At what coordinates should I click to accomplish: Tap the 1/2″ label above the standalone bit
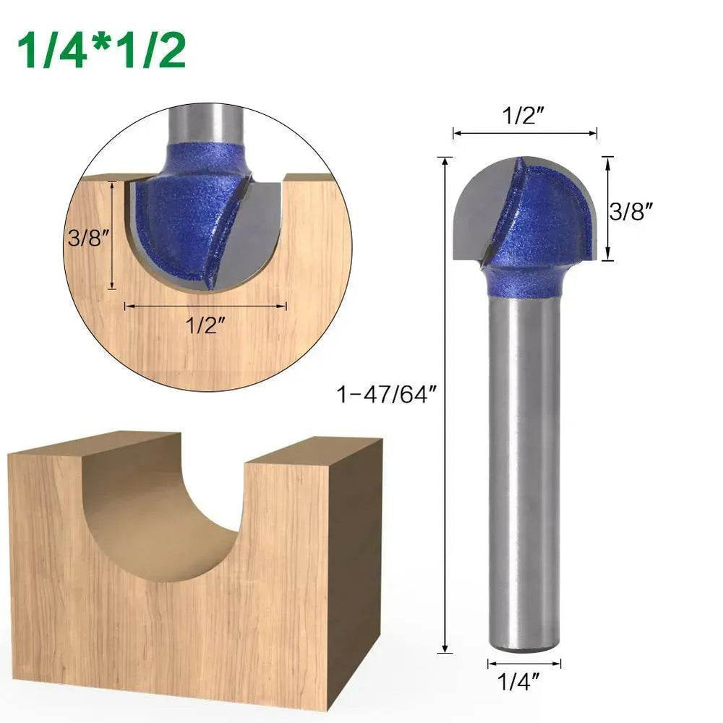pos(524,116)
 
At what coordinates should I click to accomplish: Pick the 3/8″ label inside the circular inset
pos(87,238)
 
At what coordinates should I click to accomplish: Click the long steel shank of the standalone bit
pos(523,470)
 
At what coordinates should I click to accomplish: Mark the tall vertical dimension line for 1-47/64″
pos(445,405)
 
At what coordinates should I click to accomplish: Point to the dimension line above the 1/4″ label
pos(523,663)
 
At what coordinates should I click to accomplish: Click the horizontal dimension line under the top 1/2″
pos(524,133)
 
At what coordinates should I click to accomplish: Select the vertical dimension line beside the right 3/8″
pos(608,208)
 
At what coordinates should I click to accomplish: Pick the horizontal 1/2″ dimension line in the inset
pos(205,306)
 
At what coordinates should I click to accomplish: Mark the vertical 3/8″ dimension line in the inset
pos(112,235)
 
